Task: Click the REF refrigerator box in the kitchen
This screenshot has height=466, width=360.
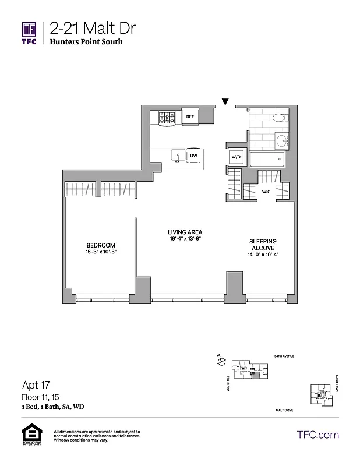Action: (189, 117)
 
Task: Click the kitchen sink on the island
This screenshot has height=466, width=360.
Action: (178, 156)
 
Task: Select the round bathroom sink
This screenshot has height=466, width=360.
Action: (283, 140)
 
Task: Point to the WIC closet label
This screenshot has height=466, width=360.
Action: (266, 190)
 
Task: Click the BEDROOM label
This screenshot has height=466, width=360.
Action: (101, 245)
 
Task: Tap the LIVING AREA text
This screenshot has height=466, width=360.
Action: (181, 232)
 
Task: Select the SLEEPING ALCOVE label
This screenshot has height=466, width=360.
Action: (263, 245)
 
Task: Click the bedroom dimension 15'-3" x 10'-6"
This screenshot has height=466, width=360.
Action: (101, 252)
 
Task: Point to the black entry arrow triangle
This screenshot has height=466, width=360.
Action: (225, 103)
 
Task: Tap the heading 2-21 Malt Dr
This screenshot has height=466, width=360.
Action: (82, 28)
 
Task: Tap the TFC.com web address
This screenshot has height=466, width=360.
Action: (317, 435)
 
